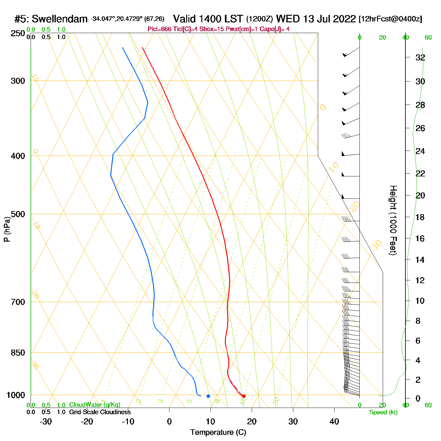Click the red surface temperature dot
[243, 396]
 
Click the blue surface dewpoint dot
[208, 396]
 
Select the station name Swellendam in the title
[60, 19]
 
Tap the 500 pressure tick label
[18, 214]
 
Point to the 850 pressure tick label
[18, 353]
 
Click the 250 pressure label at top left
[18, 33]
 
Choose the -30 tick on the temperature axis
[46, 421]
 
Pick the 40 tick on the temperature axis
[334, 421]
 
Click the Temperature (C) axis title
[218, 432]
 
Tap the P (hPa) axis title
[7, 229]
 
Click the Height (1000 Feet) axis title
[393, 220]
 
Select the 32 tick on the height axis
[420, 58]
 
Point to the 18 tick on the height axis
[420, 217]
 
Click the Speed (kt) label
[383, 412]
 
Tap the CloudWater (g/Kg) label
[94, 405]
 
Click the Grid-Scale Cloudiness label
[100, 412]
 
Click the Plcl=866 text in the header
[159, 29]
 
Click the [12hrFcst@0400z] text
[390, 19]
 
